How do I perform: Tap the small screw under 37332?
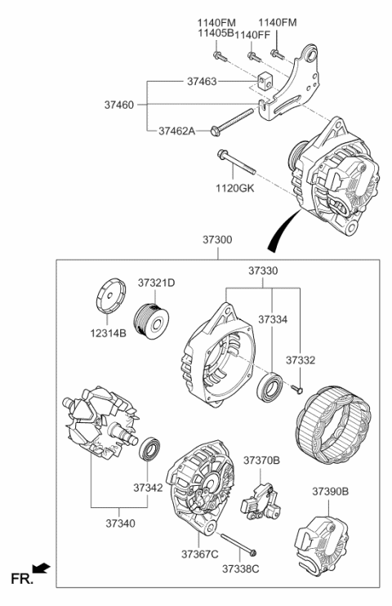pyautogui.click(x=300, y=388)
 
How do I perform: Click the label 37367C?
pyautogui.click(x=200, y=555)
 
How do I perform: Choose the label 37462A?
pyautogui.click(x=176, y=130)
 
